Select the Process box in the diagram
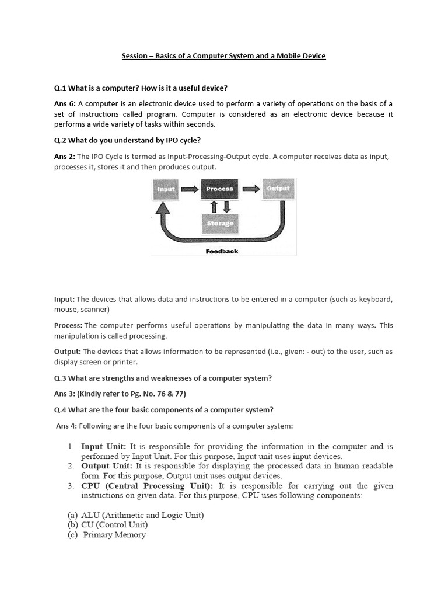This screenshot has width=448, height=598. coord(219,189)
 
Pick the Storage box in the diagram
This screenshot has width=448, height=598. coord(220,223)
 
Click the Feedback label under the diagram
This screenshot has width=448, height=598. coord(222,251)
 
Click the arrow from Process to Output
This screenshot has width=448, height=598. coord(251,189)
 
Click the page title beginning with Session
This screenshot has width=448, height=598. coord(223,56)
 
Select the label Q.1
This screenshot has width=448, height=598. coord(60,88)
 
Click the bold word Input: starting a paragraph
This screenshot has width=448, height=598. coord(64,300)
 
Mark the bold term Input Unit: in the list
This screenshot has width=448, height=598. coord(103,447)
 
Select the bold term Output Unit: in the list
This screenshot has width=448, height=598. coord(107,466)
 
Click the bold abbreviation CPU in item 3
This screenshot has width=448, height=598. coord(91,486)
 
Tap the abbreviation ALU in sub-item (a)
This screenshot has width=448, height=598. coord(92,515)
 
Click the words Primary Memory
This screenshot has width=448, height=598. coord(114,535)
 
